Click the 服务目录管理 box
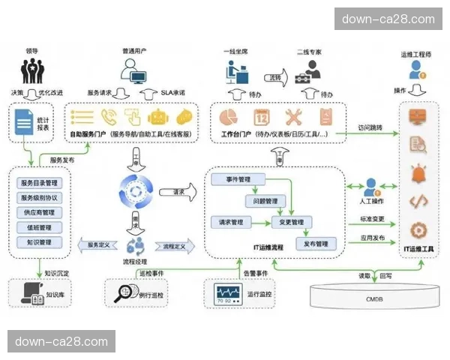(x=40, y=182)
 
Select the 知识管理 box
(x=40, y=242)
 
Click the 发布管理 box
(x=311, y=244)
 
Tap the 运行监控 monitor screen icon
(x=228, y=293)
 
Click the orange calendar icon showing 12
(x=262, y=117)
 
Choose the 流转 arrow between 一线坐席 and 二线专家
(x=275, y=77)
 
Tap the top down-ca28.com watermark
(x=388, y=19)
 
